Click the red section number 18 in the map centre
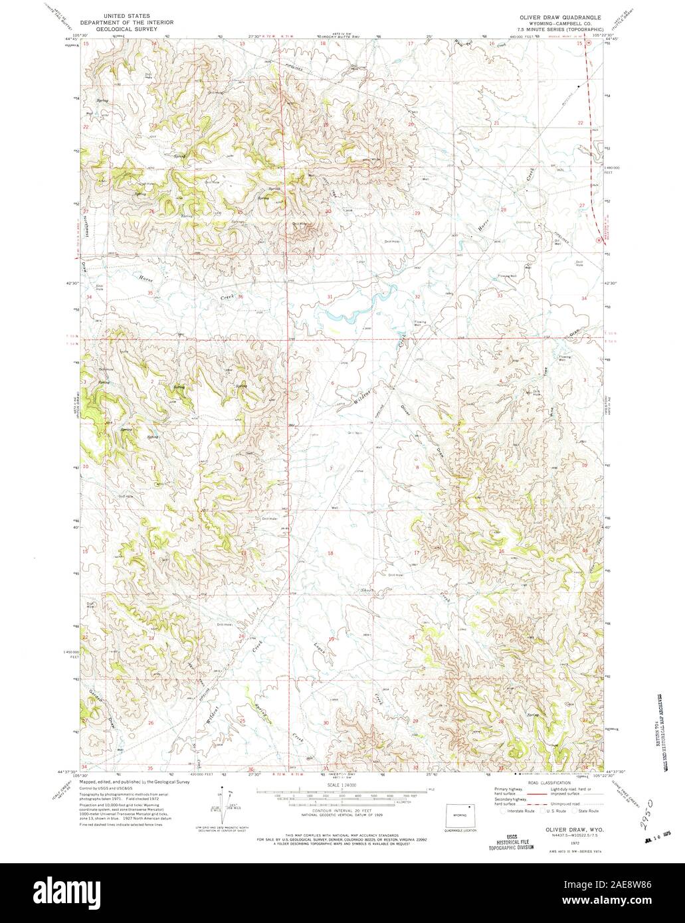point(330,552)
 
